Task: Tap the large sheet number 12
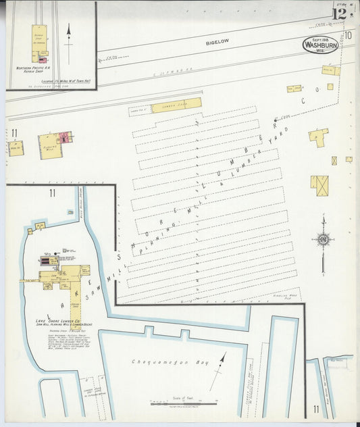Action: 340,11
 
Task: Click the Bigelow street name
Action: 217,42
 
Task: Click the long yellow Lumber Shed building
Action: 176,106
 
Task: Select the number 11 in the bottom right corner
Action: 316,409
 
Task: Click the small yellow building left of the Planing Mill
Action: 16,148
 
